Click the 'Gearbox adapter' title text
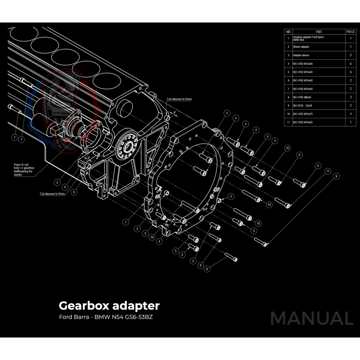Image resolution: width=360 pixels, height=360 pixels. click(109, 306)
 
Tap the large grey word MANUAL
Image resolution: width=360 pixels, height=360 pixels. click(311, 318)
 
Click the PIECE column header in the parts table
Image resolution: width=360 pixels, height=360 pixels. click(351, 32)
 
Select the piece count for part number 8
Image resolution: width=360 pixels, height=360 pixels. click(351, 97)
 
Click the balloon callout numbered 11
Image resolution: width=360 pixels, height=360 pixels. click(328, 171)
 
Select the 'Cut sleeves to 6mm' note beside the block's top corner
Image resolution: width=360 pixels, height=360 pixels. click(179, 99)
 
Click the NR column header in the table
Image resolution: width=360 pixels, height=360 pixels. click(288, 32)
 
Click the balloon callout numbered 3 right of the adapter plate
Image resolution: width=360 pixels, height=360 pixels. click(230, 196)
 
